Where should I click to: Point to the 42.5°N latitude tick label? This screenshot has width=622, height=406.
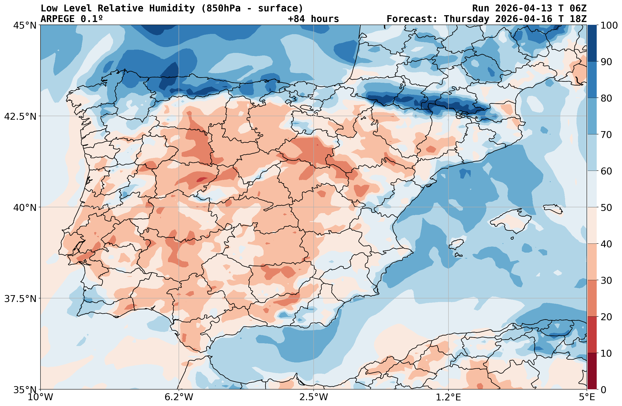(20, 116)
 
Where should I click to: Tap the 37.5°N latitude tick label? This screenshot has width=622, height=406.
(20, 298)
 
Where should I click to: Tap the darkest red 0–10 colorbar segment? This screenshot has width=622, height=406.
(592, 371)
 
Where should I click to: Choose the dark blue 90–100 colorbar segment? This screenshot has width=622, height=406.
(592, 43)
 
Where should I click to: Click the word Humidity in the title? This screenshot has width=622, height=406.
(172, 8)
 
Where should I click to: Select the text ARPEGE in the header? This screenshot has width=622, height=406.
(58, 19)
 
